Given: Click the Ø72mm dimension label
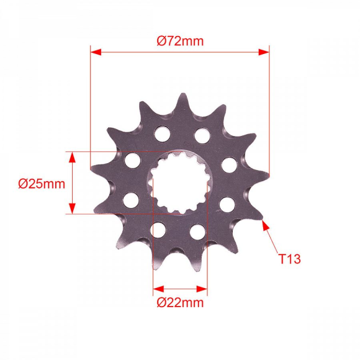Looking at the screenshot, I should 180,41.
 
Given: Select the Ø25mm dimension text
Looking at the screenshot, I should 41,184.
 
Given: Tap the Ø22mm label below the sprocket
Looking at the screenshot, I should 180,304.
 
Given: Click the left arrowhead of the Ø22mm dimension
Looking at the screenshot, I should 158,289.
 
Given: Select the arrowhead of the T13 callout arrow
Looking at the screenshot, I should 266,224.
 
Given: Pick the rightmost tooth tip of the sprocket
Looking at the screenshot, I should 269,176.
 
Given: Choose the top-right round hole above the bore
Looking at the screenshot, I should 200,134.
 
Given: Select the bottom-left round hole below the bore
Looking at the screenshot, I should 158,231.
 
